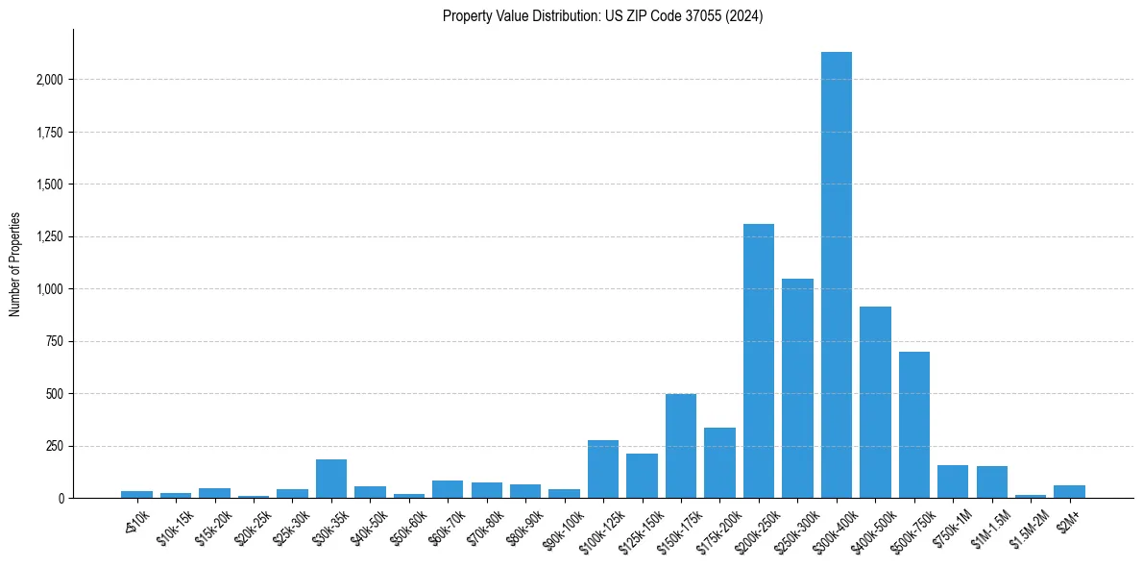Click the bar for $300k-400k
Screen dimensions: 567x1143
pyautogui.click(x=837, y=275)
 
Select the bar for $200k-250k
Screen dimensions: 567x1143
pyautogui.click(x=759, y=360)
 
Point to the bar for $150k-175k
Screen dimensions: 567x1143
pyautogui.click(x=681, y=446)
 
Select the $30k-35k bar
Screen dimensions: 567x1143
pyautogui.click(x=331, y=479)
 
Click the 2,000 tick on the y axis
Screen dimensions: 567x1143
pyautogui.click(x=48, y=80)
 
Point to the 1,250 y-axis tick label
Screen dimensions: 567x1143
pyautogui.click(x=48, y=236)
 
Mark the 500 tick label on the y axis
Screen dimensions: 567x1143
pyautogui.click(x=54, y=394)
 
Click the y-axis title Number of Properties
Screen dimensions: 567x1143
pyautogui.click(x=15, y=264)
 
